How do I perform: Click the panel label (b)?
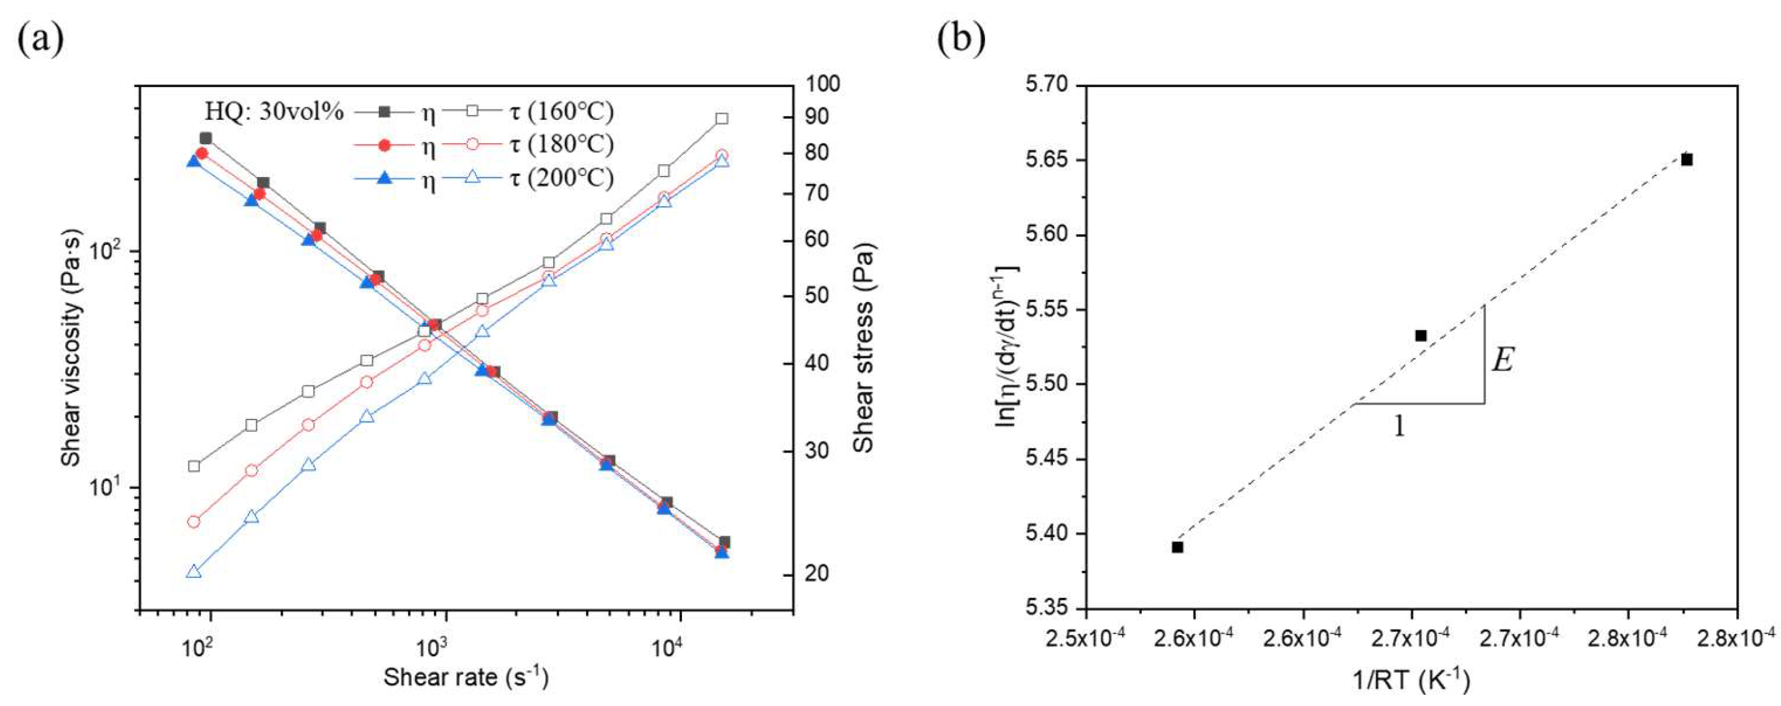tap(961, 39)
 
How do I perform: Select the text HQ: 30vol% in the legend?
tap(274, 112)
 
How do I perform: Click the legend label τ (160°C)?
tap(561, 111)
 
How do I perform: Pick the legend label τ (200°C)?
tap(561, 178)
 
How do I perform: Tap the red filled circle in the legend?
tap(385, 145)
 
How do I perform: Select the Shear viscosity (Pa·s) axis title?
tap(70, 349)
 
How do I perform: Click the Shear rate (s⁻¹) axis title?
tap(466, 677)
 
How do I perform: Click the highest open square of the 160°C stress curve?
tap(722, 119)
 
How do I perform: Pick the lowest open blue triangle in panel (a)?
tap(194, 571)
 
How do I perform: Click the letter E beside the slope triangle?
tap(1502, 360)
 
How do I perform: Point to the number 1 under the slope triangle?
tap(1400, 426)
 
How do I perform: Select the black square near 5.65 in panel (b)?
tap(1687, 160)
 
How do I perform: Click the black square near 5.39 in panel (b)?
tap(1177, 547)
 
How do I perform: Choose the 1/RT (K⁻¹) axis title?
tap(1410, 682)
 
